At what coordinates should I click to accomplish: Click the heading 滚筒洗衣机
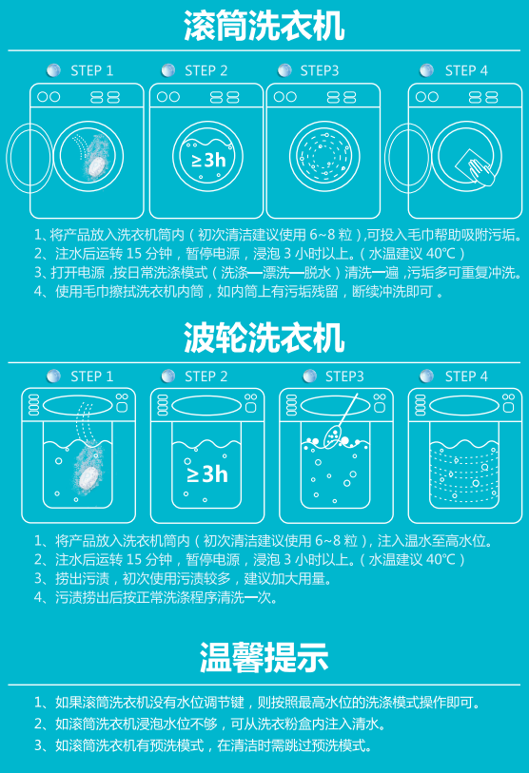(x=264, y=25)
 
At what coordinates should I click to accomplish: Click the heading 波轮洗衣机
(x=264, y=338)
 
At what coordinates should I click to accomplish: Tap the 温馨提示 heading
(x=264, y=658)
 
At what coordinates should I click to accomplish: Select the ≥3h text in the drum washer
(x=208, y=160)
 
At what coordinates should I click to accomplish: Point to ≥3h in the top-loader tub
(x=207, y=474)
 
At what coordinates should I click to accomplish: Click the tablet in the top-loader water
(x=88, y=477)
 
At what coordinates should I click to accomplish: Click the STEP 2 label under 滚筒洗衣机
(x=206, y=71)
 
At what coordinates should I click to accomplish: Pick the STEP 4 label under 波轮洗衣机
(x=466, y=377)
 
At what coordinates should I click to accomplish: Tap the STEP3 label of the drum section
(x=320, y=71)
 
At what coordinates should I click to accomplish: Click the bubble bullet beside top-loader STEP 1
(x=53, y=377)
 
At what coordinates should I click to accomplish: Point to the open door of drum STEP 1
(x=29, y=158)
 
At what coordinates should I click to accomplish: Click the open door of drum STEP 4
(x=408, y=158)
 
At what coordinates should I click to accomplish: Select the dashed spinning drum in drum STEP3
(x=324, y=157)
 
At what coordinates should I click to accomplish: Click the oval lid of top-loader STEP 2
(x=206, y=406)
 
